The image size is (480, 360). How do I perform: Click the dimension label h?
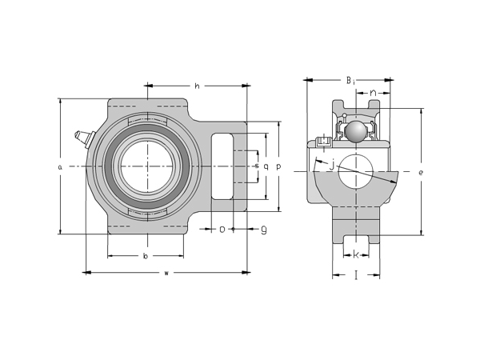tap(197, 86)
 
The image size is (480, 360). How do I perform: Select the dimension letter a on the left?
tap(60, 166)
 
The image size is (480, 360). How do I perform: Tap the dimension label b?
tap(145, 256)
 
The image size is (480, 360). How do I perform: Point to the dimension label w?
tap(166, 273)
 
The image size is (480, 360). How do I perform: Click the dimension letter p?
tap(278, 166)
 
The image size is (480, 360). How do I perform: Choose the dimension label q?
tap(266, 166)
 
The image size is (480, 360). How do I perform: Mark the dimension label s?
tap(256, 166)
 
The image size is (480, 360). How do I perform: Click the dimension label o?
tap(222, 229)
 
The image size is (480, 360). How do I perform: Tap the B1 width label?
tap(350, 80)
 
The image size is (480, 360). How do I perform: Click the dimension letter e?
tap(421, 172)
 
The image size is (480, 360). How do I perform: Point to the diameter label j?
tap(331, 165)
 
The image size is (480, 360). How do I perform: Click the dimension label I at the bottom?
tap(356, 274)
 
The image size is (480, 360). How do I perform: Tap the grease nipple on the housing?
tap(82, 138)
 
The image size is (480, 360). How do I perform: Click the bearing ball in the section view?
tap(354, 130)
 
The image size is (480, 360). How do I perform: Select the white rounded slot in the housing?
tap(223, 166)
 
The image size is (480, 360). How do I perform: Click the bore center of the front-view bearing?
tap(146, 166)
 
